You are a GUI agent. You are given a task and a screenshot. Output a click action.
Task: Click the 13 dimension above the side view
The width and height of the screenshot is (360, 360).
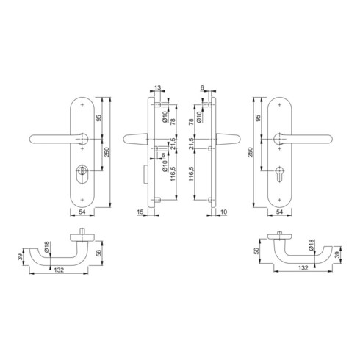(x=158, y=87)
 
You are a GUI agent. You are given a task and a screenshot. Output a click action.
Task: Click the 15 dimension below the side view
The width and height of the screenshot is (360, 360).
(x=140, y=212)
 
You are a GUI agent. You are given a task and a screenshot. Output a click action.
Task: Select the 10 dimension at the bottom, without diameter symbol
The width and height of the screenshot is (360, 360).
(x=224, y=212)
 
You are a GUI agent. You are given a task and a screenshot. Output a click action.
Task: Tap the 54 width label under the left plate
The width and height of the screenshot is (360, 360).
(x=82, y=212)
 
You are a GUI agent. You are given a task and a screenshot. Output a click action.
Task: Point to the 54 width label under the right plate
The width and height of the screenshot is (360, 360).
(x=279, y=212)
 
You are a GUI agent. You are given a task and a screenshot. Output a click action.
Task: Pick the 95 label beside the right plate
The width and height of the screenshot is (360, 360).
(x=258, y=118)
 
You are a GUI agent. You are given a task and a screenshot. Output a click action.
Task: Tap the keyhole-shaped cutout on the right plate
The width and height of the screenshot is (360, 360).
(x=279, y=173)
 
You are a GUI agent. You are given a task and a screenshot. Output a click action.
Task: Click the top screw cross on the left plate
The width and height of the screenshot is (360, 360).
(x=82, y=105)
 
